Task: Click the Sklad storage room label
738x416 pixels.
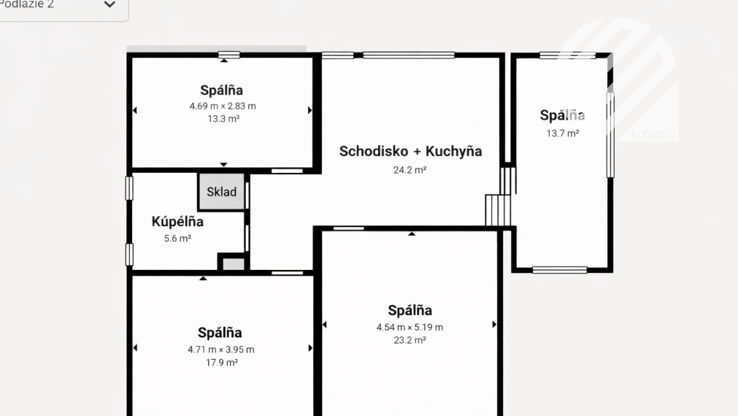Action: (221, 192)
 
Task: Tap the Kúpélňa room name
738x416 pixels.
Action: (177, 222)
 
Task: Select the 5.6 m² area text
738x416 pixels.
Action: (177, 238)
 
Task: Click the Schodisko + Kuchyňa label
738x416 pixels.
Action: (410, 151)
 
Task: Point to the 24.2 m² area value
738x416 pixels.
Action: (410, 169)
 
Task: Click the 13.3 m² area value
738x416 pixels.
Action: (223, 118)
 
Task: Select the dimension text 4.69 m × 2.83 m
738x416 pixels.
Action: (223, 106)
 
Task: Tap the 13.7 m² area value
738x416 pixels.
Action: (562, 134)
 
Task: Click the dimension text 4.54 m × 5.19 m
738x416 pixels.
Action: (410, 327)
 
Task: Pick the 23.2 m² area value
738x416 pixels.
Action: (410, 340)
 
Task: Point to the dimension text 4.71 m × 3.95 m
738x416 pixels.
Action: (221, 350)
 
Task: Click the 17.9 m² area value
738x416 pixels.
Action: (221, 362)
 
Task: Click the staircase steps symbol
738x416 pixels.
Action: (499, 210)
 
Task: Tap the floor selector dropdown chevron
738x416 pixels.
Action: (109, 5)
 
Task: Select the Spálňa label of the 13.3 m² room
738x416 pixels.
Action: (222, 90)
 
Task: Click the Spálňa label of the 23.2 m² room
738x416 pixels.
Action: (410, 310)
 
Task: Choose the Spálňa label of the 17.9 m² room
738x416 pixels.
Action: (220, 333)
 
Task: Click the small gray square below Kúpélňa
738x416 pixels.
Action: (233, 263)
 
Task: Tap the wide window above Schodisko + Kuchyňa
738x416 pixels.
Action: (409, 55)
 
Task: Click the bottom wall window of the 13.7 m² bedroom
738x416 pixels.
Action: (559, 270)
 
